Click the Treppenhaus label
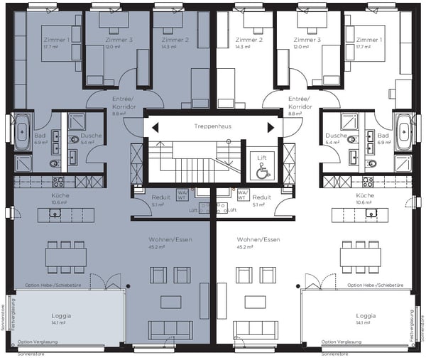click(x=212, y=126)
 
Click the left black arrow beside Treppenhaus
click(x=155, y=127)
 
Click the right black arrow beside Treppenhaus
click(x=270, y=127)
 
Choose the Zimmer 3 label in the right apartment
click(x=309, y=40)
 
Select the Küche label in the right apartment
click(x=365, y=195)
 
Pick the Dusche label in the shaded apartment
click(x=90, y=136)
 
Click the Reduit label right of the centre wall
click(x=262, y=197)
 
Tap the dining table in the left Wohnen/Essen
click(x=66, y=256)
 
